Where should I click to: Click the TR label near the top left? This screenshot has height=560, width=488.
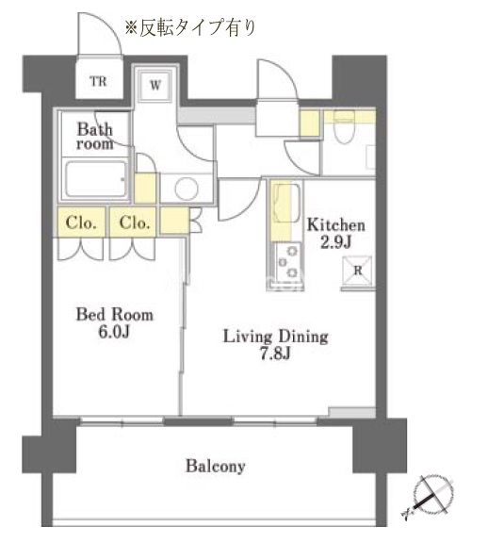(99, 81)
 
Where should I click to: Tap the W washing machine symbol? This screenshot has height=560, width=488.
(155, 85)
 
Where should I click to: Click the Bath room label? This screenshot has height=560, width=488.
(95, 136)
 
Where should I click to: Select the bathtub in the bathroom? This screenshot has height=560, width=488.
(96, 179)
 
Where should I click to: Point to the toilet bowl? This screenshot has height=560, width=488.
(345, 127)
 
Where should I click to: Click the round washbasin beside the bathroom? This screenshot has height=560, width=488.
(187, 189)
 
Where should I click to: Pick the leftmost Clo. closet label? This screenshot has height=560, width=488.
(81, 222)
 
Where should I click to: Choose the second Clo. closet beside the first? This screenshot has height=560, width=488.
(134, 222)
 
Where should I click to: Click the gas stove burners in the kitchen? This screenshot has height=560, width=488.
(288, 262)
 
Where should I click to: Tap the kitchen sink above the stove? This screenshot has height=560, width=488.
(286, 203)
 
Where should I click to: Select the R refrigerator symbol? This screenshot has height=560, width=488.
(357, 271)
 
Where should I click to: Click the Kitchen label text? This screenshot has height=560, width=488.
(336, 225)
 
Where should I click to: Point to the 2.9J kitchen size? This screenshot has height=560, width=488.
(336, 242)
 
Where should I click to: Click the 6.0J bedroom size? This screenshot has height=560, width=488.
(114, 332)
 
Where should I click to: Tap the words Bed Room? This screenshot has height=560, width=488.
(115, 314)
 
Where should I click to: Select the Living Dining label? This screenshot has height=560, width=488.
(276, 337)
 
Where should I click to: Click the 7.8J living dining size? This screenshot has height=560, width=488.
(275, 354)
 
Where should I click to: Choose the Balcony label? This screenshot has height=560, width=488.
(215, 466)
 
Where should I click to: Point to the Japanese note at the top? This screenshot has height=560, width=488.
(190, 27)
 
